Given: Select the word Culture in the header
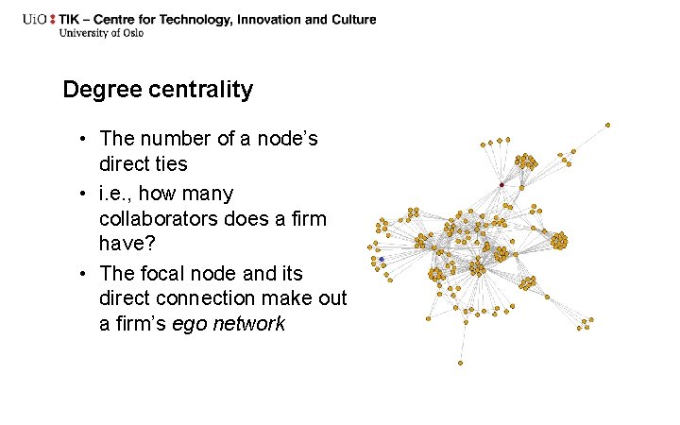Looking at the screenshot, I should tap(353, 20).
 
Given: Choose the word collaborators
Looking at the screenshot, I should tap(160, 219).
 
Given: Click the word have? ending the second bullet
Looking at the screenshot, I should tap(127, 245).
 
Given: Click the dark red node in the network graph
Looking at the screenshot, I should tap(501, 184).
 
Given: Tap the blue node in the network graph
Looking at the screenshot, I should tap(381, 258).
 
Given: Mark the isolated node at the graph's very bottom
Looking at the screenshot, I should tap(461, 363).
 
